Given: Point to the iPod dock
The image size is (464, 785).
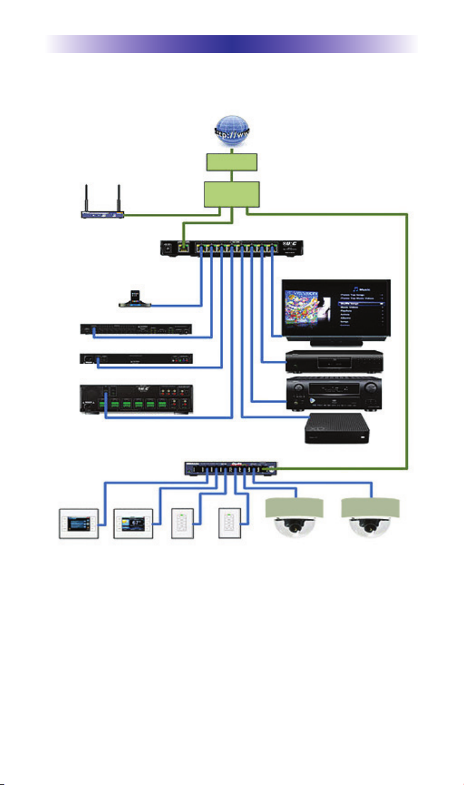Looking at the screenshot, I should click(x=136, y=299).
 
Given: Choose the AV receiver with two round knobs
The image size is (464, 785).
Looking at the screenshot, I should click(x=338, y=394).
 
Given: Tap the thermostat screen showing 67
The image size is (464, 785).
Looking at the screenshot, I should click(x=132, y=521).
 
